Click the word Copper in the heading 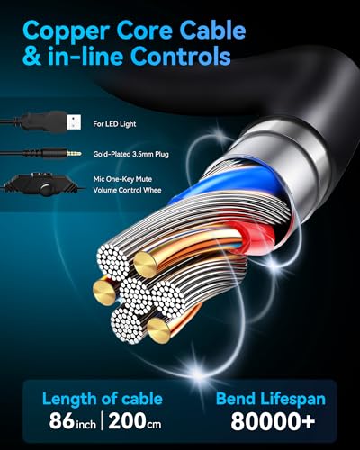(66, 31)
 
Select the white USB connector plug (74, 122)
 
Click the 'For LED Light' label (114, 124)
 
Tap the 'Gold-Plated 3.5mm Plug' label (130, 154)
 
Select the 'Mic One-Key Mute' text (122, 179)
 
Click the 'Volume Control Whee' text (127, 190)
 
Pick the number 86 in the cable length (62, 421)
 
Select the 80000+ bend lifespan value (273, 421)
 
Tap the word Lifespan (292, 400)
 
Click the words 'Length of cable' (103, 399)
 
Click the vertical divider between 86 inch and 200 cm (102, 421)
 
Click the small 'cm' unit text (154, 424)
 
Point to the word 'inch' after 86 (85, 424)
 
